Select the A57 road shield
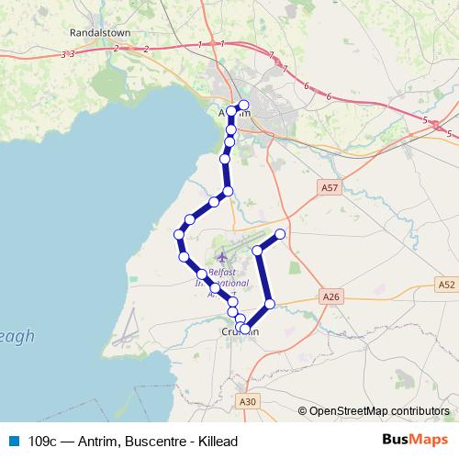pyautogui.click(x=330, y=187)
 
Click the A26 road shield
pyautogui.click(x=332, y=297)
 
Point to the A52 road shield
pyautogui.click(x=446, y=285)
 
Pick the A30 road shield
pyautogui.click(x=247, y=401)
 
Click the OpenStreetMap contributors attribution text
pyautogui.click(x=378, y=410)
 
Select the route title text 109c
pyautogui.click(x=43, y=442)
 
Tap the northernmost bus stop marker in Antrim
pyautogui.click(x=243, y=105)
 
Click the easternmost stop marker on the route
pyautogui.click(x=281, y=235)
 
